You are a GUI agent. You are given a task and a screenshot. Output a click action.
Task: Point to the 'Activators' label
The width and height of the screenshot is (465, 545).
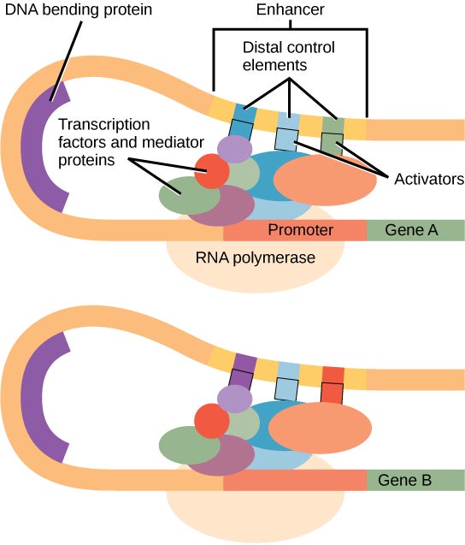point(427,179)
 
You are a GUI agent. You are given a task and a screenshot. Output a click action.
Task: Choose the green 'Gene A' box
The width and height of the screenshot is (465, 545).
point(415,230)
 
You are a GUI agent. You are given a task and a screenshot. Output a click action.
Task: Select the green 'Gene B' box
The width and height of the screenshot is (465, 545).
point(415,480)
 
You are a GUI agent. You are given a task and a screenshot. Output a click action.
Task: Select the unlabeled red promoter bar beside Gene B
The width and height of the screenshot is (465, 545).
point(295,480)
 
